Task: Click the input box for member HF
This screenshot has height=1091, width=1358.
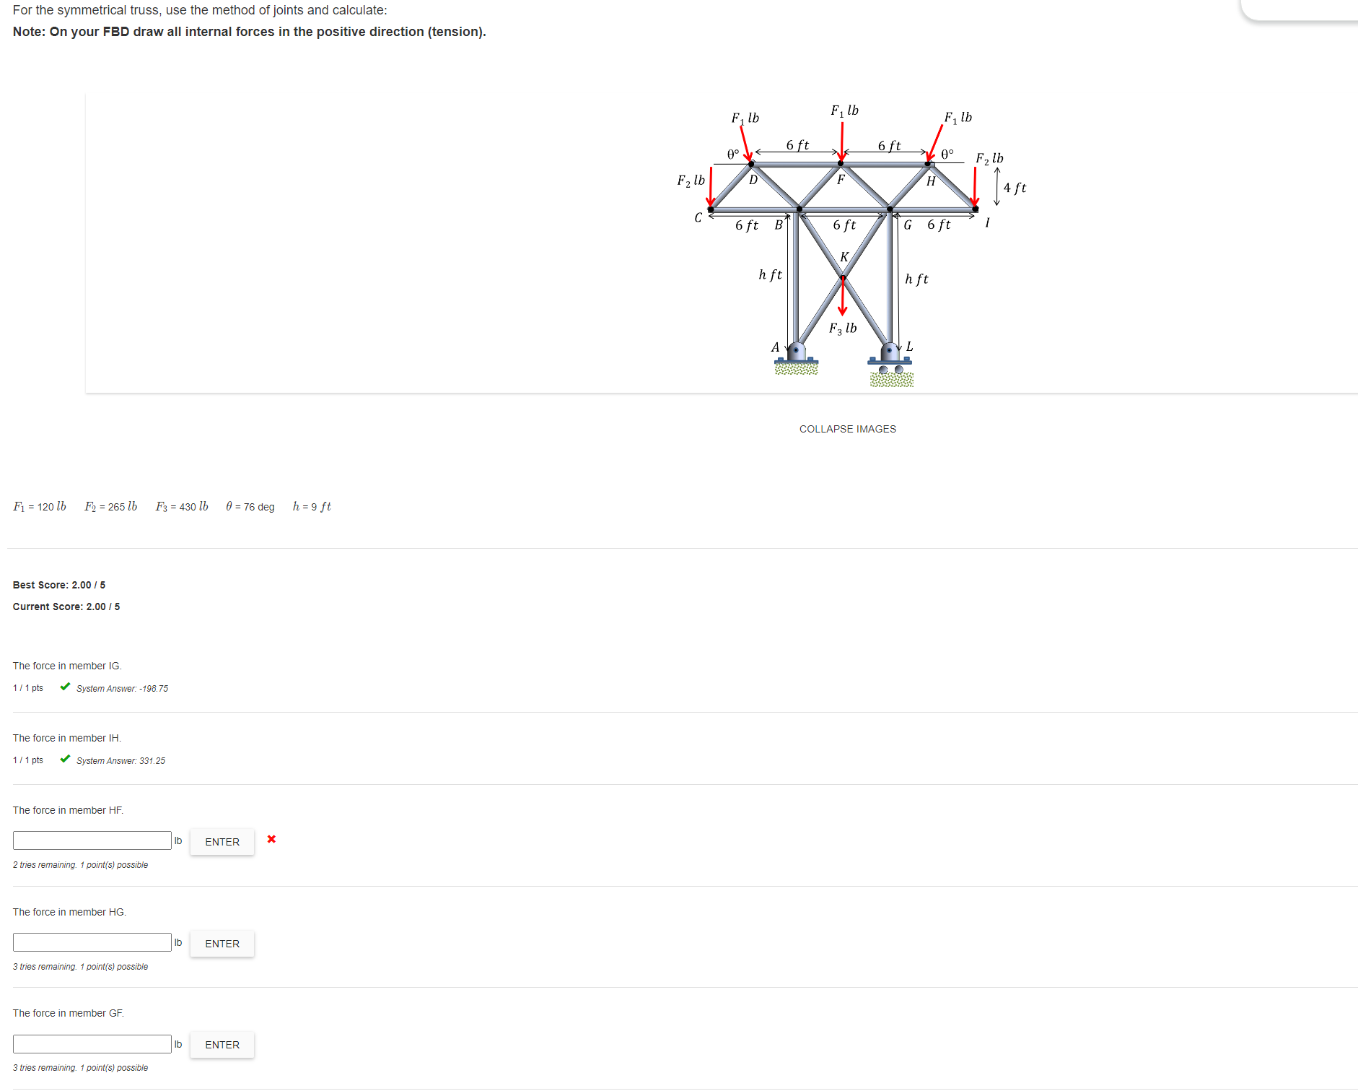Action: click(x=92, y=840)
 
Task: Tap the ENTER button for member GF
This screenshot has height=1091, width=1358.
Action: click(x=222, y=1045)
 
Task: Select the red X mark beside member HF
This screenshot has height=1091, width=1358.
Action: click(x=271, y=839)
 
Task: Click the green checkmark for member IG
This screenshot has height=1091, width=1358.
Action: click(x=66, y=687)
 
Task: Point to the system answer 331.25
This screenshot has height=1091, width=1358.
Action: click(x=121, y=761)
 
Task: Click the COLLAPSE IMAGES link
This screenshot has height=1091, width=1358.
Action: click(x=847, y=429)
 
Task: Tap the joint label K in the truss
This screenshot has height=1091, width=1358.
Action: click(x=844, y=257)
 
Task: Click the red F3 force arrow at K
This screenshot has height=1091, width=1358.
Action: click(x=842, y=297)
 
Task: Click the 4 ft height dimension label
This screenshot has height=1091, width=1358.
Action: click(x=1015, y=188)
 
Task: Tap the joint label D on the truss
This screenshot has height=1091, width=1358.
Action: click(x=753, y=181)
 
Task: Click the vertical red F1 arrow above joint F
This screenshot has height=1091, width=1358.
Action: click(x=841, y=141)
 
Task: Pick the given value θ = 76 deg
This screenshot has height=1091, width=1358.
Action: click(x=250, y=507)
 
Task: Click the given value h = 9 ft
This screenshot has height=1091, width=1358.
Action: click(x=312, y=507)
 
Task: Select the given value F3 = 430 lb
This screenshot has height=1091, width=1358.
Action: click(x=182, y=507)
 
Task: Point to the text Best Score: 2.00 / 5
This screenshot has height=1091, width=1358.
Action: click(x=59, y=585)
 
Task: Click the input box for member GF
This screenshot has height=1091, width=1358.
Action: click(x=92, y=1044)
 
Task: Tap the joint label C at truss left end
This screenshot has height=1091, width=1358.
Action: click(x=698, y=217)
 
